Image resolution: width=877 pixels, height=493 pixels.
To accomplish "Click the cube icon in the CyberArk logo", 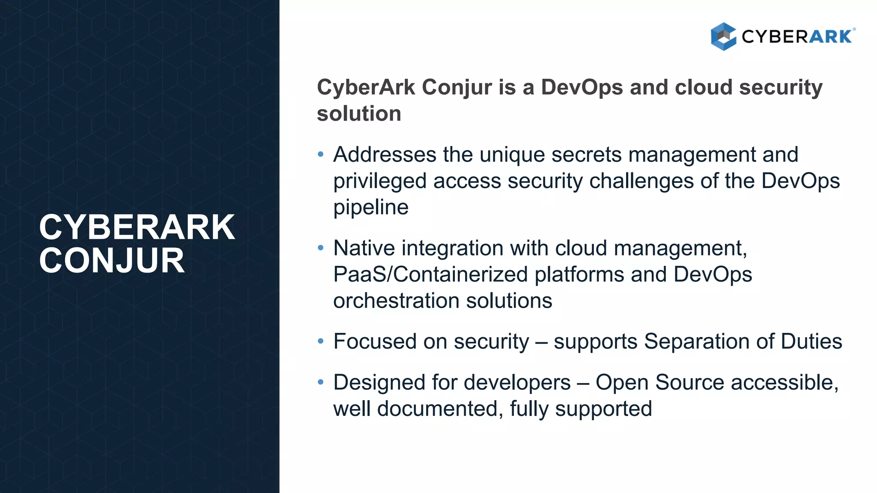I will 723,36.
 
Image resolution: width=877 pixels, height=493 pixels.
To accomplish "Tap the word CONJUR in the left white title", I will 112,261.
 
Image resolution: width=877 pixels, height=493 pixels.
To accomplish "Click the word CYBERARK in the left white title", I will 137,227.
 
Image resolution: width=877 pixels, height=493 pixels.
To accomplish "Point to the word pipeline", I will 371,208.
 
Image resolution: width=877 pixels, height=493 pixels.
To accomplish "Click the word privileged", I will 380,181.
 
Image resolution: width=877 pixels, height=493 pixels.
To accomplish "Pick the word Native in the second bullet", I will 364,248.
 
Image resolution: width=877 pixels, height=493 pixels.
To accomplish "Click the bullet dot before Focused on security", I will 321,342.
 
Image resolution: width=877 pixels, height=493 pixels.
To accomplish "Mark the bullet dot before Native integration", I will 321,248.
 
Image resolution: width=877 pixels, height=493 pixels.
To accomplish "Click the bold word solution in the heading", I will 359,114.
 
